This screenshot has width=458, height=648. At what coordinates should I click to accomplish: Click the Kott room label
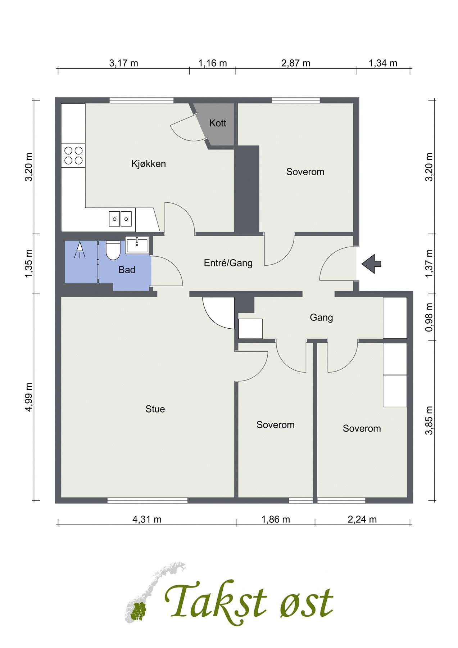click(218, 123)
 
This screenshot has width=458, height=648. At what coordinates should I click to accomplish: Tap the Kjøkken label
click(149, 164)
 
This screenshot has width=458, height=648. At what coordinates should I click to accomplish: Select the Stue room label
click(155, 409)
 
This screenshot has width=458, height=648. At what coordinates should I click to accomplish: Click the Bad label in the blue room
click(127, 270)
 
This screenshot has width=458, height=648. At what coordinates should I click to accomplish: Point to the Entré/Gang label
click(228, 263)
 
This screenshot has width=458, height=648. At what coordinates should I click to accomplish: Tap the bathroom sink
click(137, 245)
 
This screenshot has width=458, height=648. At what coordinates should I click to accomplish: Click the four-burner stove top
click(73, 156)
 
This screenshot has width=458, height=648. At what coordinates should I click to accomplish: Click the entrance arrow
click(371, 264)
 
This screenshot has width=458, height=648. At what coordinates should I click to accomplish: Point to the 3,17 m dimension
click(123, 63)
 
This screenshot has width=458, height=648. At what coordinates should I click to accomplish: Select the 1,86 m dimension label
click(276, 519)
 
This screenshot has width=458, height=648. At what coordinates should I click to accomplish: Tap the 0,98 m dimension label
click(428, 318)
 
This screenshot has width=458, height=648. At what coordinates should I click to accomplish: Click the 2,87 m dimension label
click(296, 63)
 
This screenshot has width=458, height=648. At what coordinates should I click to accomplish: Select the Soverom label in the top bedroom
click(305, 172)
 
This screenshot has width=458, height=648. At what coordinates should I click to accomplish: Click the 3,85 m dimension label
click(428, 420)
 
